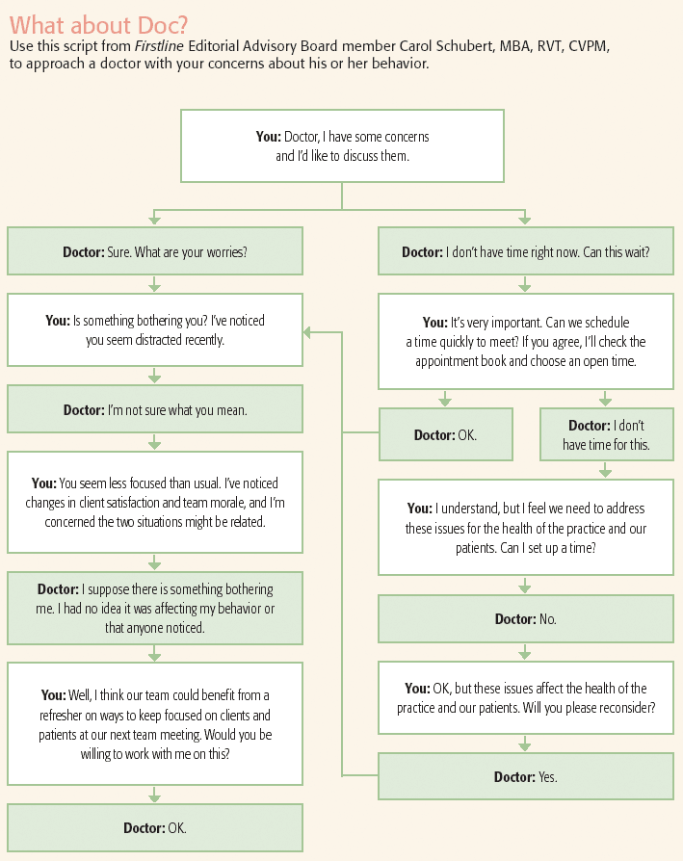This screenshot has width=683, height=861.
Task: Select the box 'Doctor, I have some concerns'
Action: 342,145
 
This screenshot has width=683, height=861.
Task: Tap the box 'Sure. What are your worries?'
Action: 155,252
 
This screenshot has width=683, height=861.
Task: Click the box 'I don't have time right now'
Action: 525,252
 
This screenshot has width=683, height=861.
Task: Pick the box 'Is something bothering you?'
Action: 155,329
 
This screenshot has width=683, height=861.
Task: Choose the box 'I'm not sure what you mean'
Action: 155,409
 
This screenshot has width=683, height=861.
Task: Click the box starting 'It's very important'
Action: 525,341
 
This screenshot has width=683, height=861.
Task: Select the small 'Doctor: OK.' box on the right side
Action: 445,434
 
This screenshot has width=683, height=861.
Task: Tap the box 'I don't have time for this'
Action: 606,434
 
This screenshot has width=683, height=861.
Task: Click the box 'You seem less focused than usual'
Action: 155,502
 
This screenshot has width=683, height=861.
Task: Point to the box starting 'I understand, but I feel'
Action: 525,527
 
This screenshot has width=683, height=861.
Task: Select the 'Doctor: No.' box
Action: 525,619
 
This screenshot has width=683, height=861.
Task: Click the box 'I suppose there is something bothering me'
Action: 155,608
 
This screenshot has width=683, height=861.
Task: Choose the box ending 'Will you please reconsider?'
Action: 525,697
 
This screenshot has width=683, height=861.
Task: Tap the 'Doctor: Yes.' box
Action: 525,776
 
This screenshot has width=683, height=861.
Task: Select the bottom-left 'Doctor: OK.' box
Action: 155,827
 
